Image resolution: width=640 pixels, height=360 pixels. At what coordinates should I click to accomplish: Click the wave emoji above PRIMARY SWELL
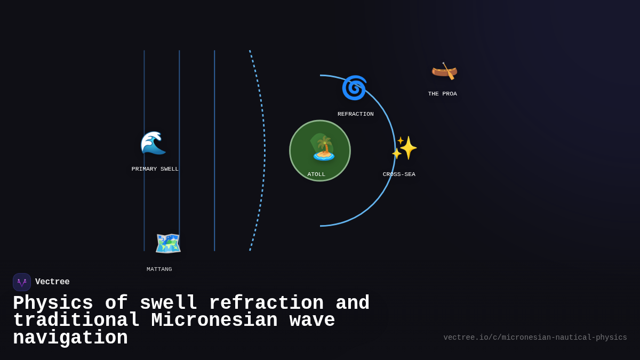coord(153,143)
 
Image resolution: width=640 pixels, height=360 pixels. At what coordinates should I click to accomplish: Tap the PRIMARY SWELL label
coord(155,169)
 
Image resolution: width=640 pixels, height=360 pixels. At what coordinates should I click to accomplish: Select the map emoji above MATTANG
coord(168,243)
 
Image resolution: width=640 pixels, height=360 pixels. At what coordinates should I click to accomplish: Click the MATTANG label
coord(159,269)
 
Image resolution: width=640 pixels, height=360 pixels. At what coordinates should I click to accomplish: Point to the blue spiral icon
coord(354,88)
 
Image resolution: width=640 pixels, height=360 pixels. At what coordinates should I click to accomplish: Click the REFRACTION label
coord(355,114)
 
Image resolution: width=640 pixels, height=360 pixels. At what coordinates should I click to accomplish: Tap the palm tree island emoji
coord(323,148)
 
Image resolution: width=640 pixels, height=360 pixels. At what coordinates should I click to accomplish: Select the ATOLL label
coord(316,174)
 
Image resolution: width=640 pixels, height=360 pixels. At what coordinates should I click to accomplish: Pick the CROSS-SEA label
coord(399,174)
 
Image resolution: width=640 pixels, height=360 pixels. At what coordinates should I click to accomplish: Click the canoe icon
coord(444,70)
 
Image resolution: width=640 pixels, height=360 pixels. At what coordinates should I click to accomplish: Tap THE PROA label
coord(442,94)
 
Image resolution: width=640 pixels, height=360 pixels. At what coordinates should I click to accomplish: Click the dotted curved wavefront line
coord(263,149)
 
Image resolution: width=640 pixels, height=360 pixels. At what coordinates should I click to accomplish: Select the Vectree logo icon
coord(22,282)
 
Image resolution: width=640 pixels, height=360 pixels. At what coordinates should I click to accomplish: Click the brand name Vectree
coord(52,282)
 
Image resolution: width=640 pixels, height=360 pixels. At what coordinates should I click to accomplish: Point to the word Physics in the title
coord(53,303)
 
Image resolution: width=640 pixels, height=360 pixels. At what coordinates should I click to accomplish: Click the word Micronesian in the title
coord(214,321)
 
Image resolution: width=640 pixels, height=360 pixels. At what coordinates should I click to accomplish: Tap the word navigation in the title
coord(70,338)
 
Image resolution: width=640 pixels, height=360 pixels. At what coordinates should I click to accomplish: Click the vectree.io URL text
coord(535,338)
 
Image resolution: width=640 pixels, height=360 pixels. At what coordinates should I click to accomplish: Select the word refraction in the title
coord(266,303)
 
